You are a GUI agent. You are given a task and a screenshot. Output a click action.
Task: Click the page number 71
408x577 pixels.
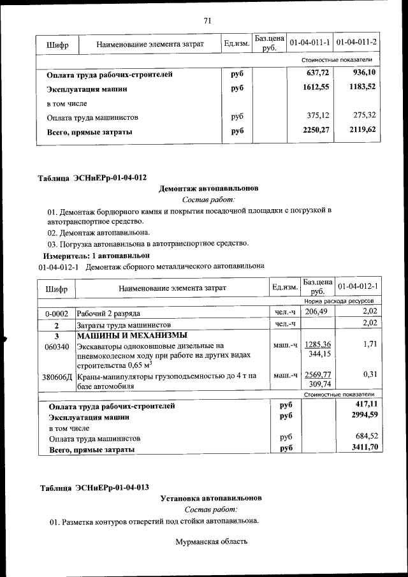point(207,20)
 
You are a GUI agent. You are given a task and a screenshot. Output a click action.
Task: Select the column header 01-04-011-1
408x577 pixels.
point(309,43)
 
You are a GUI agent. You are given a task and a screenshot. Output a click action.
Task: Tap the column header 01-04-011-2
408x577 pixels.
point(356,43)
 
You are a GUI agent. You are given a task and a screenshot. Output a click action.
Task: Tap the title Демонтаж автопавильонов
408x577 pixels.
point(208,189)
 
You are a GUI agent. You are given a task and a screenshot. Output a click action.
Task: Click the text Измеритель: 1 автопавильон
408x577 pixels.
point(91,254)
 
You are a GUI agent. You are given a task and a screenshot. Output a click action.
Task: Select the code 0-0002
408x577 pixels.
point(57,313)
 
